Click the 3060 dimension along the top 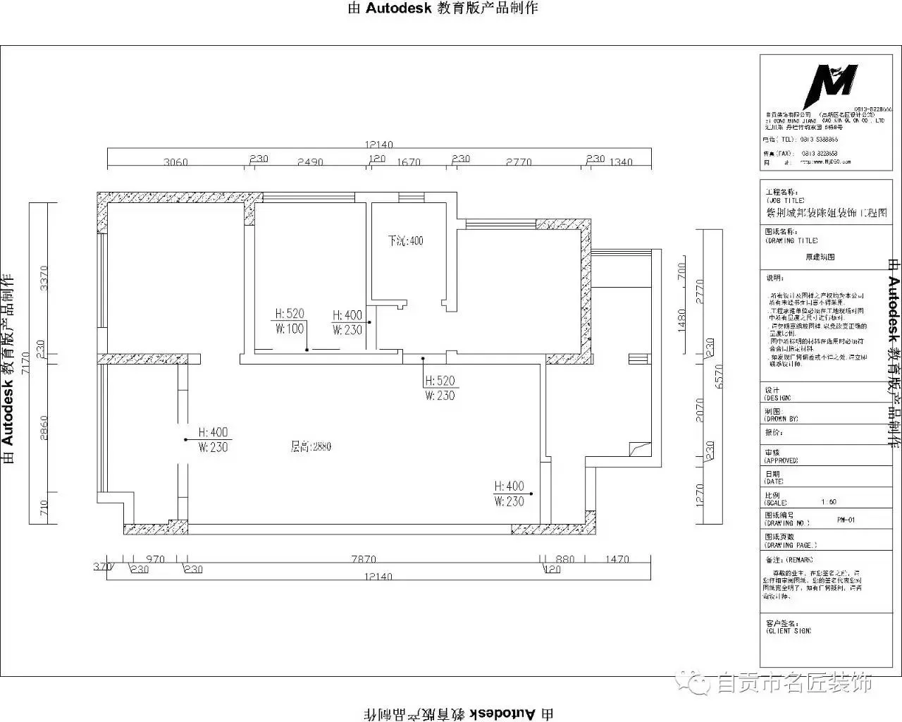point(175,162)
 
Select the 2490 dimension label point(310,162)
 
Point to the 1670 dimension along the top point(409,162)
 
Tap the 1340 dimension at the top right point(621,162)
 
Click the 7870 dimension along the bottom point(364,560)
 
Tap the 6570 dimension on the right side point(719,377)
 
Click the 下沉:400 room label point(406,241)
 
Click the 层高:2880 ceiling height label point(311,447)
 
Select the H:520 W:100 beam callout point(290,322)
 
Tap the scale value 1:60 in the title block point(829,502)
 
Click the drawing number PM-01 point(846,520)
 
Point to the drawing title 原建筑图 point(820,257)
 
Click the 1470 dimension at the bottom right point(617,560)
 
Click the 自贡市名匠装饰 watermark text point(794,683)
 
